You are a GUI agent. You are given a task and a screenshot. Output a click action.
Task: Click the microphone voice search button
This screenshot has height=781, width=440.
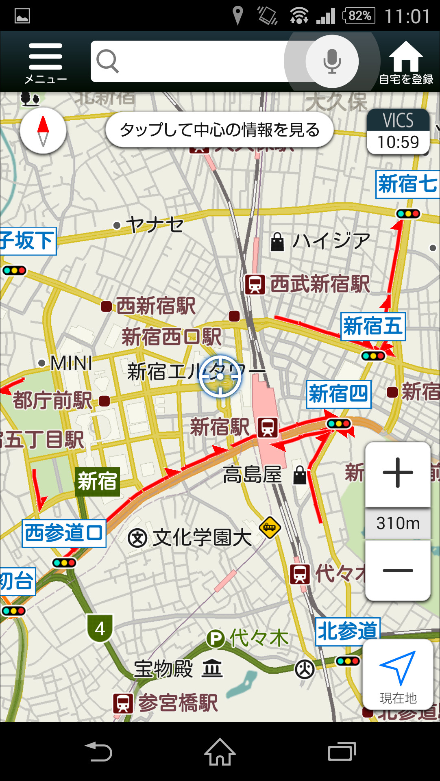tap(332, 61)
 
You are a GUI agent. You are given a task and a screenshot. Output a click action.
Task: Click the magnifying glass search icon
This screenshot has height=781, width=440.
tap(107, 61)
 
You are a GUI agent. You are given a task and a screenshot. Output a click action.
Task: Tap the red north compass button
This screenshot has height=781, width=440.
tap(43, 130)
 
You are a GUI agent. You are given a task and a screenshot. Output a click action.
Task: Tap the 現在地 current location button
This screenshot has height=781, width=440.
tap(398, 674)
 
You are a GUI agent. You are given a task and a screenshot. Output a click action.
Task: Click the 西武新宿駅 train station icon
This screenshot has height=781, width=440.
tap(255, 284)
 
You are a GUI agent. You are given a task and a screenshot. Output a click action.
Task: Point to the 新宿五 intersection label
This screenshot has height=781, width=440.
tap(372, 326)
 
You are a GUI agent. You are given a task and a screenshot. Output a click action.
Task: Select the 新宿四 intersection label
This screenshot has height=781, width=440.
tap(338, 394)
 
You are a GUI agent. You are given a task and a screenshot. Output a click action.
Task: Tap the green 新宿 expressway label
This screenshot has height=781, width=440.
tap(97, 482)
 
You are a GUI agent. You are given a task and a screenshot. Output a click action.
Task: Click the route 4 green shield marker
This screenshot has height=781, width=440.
tap(100, 629)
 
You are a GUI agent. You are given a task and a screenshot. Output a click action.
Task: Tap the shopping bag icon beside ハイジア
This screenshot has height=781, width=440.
tap(277, 242)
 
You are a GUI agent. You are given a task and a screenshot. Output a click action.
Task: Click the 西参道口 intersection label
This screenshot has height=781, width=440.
tap(64, 533)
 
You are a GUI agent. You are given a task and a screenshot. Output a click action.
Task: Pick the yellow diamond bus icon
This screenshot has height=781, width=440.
tap(270, 527)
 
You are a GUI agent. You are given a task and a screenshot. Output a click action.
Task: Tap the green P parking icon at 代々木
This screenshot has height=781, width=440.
tap(216, 638)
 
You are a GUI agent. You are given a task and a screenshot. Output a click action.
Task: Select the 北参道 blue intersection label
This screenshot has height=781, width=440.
tap(347, 631)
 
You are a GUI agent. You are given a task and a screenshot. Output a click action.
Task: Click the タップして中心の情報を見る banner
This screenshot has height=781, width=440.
tap(220, 130)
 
